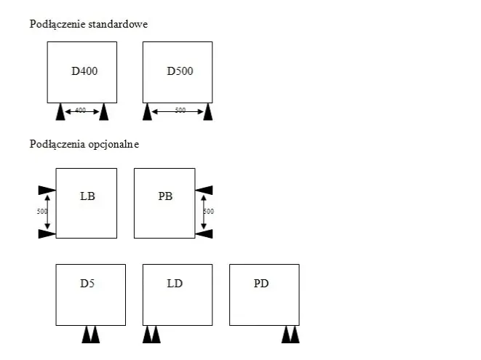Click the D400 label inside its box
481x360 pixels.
point(84,71)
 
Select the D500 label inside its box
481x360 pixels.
point(180,71)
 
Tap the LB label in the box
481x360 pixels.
point(87,196)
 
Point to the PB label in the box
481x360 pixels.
point(165,196)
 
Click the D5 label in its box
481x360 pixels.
point(87,284)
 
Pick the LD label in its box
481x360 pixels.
point(175,284)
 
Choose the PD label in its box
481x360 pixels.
point(261,284)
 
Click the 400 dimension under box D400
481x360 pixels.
point(80,110)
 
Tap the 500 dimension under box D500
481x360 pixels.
point(180,110)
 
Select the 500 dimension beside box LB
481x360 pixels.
point(42,212)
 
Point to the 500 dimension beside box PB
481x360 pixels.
point(209,212)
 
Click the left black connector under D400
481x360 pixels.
point(60,112)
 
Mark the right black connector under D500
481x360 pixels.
point(208,112)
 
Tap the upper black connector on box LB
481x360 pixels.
point(47,190)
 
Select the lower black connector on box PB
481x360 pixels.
point(204,233)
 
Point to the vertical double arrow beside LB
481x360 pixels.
point(47,212)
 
